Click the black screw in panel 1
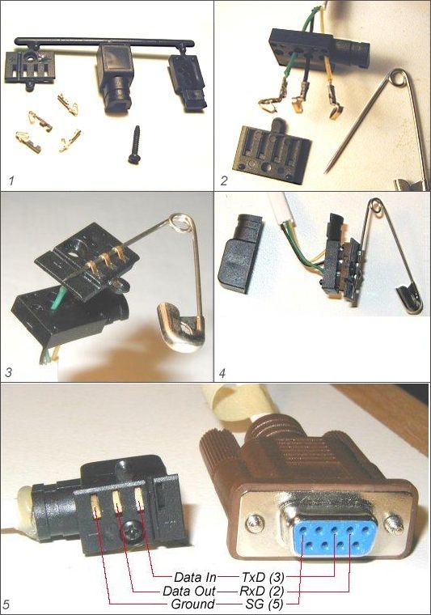click(135, 145)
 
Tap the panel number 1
click(11, 180)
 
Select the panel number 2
click(224, 180)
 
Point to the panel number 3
click(8, 371)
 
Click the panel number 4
click(222, 372)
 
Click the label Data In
click(195, 577)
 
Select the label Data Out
click(189, 591)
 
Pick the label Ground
click(192, 604)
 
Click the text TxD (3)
click(263, 577)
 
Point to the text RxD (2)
click(261, 591)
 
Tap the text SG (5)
click(264, 604)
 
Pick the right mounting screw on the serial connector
click(393, 522)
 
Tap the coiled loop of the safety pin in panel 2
click(399, 77)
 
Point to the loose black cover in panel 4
click(240, 253)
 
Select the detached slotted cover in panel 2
click(273, 151)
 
